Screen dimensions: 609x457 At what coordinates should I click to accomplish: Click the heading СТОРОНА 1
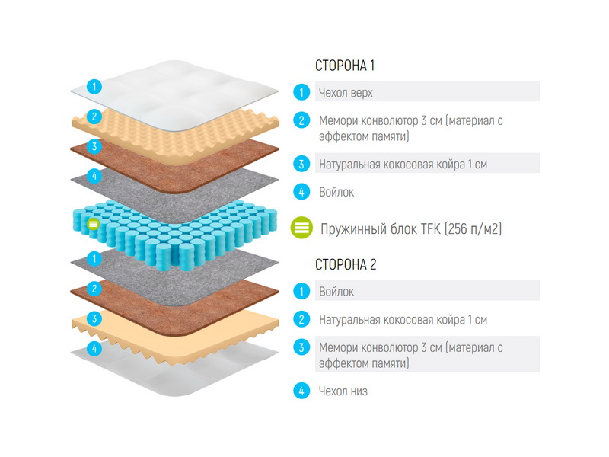345,66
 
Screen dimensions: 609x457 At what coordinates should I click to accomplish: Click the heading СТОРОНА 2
346,264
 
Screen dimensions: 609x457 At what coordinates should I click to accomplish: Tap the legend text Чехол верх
346,93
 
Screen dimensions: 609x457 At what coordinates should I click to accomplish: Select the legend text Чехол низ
343,391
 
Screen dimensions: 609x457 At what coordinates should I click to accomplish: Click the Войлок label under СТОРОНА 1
336,192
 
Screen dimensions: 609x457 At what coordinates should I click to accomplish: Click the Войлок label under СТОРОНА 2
336,292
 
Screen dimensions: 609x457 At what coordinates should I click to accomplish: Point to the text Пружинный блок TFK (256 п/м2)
411,229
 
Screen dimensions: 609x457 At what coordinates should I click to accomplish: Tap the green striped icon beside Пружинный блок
301,228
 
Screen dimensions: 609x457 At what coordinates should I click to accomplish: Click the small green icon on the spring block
93,224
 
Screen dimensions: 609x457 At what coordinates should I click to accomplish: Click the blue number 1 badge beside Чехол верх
301,92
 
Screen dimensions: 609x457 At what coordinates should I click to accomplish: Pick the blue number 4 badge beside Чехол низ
301,391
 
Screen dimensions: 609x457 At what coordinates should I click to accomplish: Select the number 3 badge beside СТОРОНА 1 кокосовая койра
301,164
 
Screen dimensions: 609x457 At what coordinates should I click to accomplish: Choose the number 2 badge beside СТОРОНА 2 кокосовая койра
301,319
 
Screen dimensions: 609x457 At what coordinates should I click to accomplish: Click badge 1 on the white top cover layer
94,86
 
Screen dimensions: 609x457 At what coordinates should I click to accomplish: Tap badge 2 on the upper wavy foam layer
94,117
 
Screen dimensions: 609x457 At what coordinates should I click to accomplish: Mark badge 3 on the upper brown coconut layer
94,146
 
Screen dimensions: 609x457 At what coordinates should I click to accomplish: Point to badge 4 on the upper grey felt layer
94,176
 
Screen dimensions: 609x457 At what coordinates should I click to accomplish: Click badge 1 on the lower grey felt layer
94,259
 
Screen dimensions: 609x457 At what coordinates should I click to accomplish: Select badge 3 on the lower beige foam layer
94,319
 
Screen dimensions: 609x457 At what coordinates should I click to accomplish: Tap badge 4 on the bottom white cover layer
94,348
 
